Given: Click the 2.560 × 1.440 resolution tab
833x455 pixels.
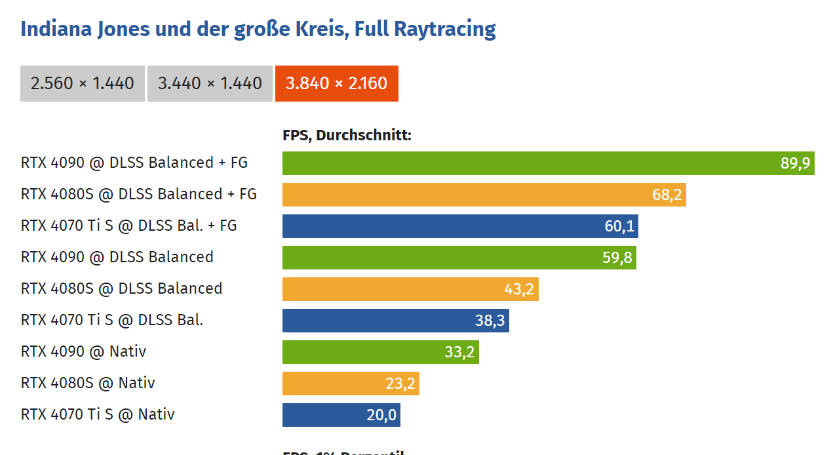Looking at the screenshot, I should pos(83,83).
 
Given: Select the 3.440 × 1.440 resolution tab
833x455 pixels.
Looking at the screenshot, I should pos(210,83).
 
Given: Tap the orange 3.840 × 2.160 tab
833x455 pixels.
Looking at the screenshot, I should pos(336,83).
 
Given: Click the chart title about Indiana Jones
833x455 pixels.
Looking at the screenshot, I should pos(258,30).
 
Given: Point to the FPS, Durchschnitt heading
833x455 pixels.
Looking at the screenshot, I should pos(347,136).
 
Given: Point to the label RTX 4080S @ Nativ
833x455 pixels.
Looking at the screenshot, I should pos(88,383).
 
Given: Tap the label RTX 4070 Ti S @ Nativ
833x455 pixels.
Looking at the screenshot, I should pos(98,414).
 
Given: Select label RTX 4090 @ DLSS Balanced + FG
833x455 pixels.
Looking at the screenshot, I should pos(134,163).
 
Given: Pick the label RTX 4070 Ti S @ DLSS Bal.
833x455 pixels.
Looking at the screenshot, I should pos(112,320).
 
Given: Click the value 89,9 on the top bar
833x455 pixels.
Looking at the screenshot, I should pos(795,163).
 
